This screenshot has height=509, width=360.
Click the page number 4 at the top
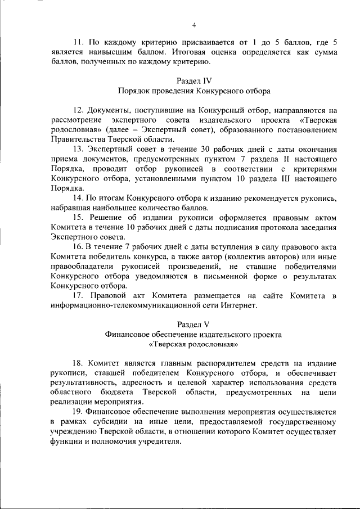pos(193,25)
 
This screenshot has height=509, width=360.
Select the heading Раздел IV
pos(193,80)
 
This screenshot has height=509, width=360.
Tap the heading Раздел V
pos(193,324)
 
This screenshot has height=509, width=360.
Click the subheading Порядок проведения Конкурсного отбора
pos(193,91)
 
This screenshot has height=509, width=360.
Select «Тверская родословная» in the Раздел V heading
pos(193,344)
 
